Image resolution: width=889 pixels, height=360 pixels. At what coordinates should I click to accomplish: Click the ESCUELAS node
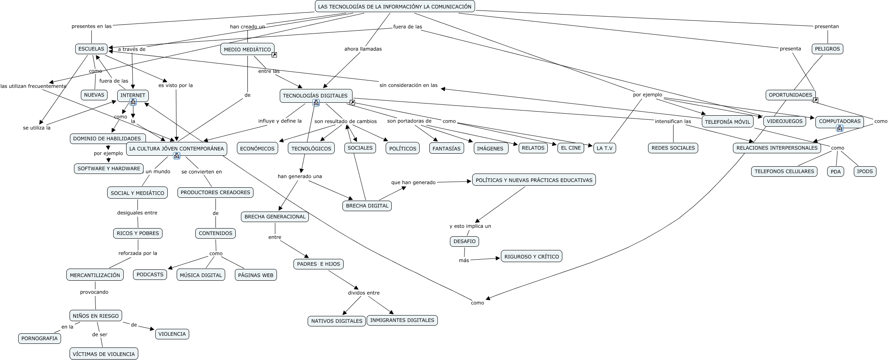(x=91, y=49)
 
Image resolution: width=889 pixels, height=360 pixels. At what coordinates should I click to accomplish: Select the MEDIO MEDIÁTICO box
(x=247, y=49)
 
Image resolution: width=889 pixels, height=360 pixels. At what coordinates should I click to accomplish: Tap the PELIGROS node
(x=828, y=49)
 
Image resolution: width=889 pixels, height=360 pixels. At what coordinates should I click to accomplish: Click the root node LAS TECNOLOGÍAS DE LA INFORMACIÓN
(x=395, y=6)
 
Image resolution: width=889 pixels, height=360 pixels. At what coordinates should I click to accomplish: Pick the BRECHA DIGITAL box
(x=367, y=205)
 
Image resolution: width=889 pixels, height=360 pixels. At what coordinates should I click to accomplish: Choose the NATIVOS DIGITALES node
(x=337, y=321)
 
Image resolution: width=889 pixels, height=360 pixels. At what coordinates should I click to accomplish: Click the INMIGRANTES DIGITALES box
(x=402, y=320)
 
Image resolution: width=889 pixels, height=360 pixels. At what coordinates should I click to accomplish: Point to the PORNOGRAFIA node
(x=40, y=339)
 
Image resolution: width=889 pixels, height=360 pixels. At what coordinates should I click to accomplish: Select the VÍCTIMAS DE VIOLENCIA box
(x=104, y=354)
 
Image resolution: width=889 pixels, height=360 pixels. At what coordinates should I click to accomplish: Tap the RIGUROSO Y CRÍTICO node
(x=532, y=256)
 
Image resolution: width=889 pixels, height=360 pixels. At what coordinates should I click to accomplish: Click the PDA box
(x=836, y=172)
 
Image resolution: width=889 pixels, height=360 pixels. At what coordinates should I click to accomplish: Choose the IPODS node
(x=865, y=172)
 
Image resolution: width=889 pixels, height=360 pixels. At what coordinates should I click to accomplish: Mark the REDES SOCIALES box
(x=673, y=148)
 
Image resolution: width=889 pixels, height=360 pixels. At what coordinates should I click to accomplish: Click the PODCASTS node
(x=150, y=275)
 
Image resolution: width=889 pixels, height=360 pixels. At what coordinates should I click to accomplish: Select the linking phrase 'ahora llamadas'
(x=363, y=49)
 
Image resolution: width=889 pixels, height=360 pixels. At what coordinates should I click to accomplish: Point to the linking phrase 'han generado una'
(x=300, y=176)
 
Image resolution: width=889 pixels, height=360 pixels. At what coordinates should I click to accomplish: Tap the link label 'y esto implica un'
(x=470, y=226)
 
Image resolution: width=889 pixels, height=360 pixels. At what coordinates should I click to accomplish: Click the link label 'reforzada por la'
(x=138, y=253)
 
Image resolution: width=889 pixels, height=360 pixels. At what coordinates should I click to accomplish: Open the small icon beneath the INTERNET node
(x=133, y=102)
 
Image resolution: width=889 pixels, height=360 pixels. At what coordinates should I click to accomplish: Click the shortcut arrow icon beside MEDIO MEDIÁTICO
(x=274, y=55)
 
